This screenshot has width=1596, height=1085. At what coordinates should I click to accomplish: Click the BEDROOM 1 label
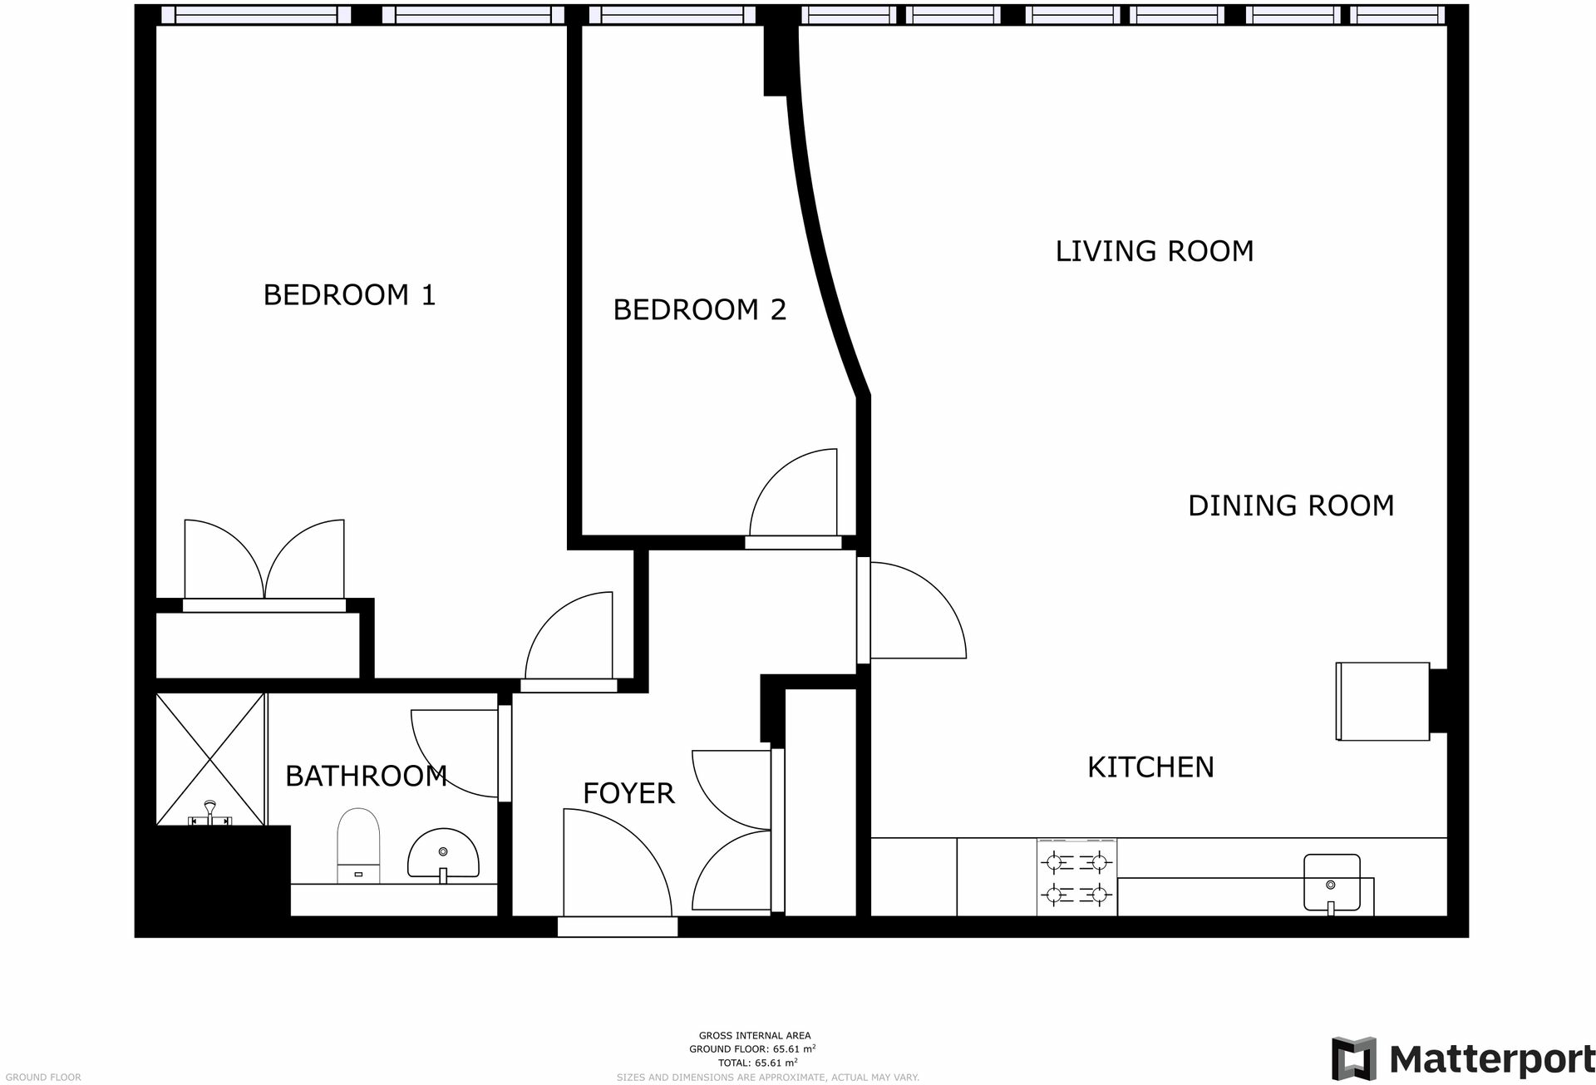click(349, 295)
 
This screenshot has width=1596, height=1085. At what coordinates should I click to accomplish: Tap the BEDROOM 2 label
click(699, 310)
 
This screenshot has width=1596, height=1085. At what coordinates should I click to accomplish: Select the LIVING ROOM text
click(1154, 251)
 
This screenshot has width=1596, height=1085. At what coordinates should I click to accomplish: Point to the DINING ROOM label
click(1290, 506)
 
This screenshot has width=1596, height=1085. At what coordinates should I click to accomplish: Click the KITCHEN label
click(1150, 767)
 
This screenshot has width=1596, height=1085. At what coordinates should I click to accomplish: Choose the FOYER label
click(628, 793)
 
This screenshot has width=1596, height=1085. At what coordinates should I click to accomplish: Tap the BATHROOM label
click(366, 776)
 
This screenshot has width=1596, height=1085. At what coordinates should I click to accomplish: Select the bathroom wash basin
click(443, 855)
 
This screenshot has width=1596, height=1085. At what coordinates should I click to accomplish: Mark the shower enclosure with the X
click(210, 758)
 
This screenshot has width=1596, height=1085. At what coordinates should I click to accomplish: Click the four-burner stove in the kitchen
click(1076, 878)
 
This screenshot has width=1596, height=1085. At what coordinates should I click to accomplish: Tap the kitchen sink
click(1331, 883)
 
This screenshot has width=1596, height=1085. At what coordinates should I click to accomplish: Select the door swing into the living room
click(914, 611)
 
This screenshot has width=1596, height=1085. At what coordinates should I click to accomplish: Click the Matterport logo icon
click(1353, 1058)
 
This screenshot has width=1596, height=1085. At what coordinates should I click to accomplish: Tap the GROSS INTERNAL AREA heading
click(754, 1035)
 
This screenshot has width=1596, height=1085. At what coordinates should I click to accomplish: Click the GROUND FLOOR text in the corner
click(43, 1077)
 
